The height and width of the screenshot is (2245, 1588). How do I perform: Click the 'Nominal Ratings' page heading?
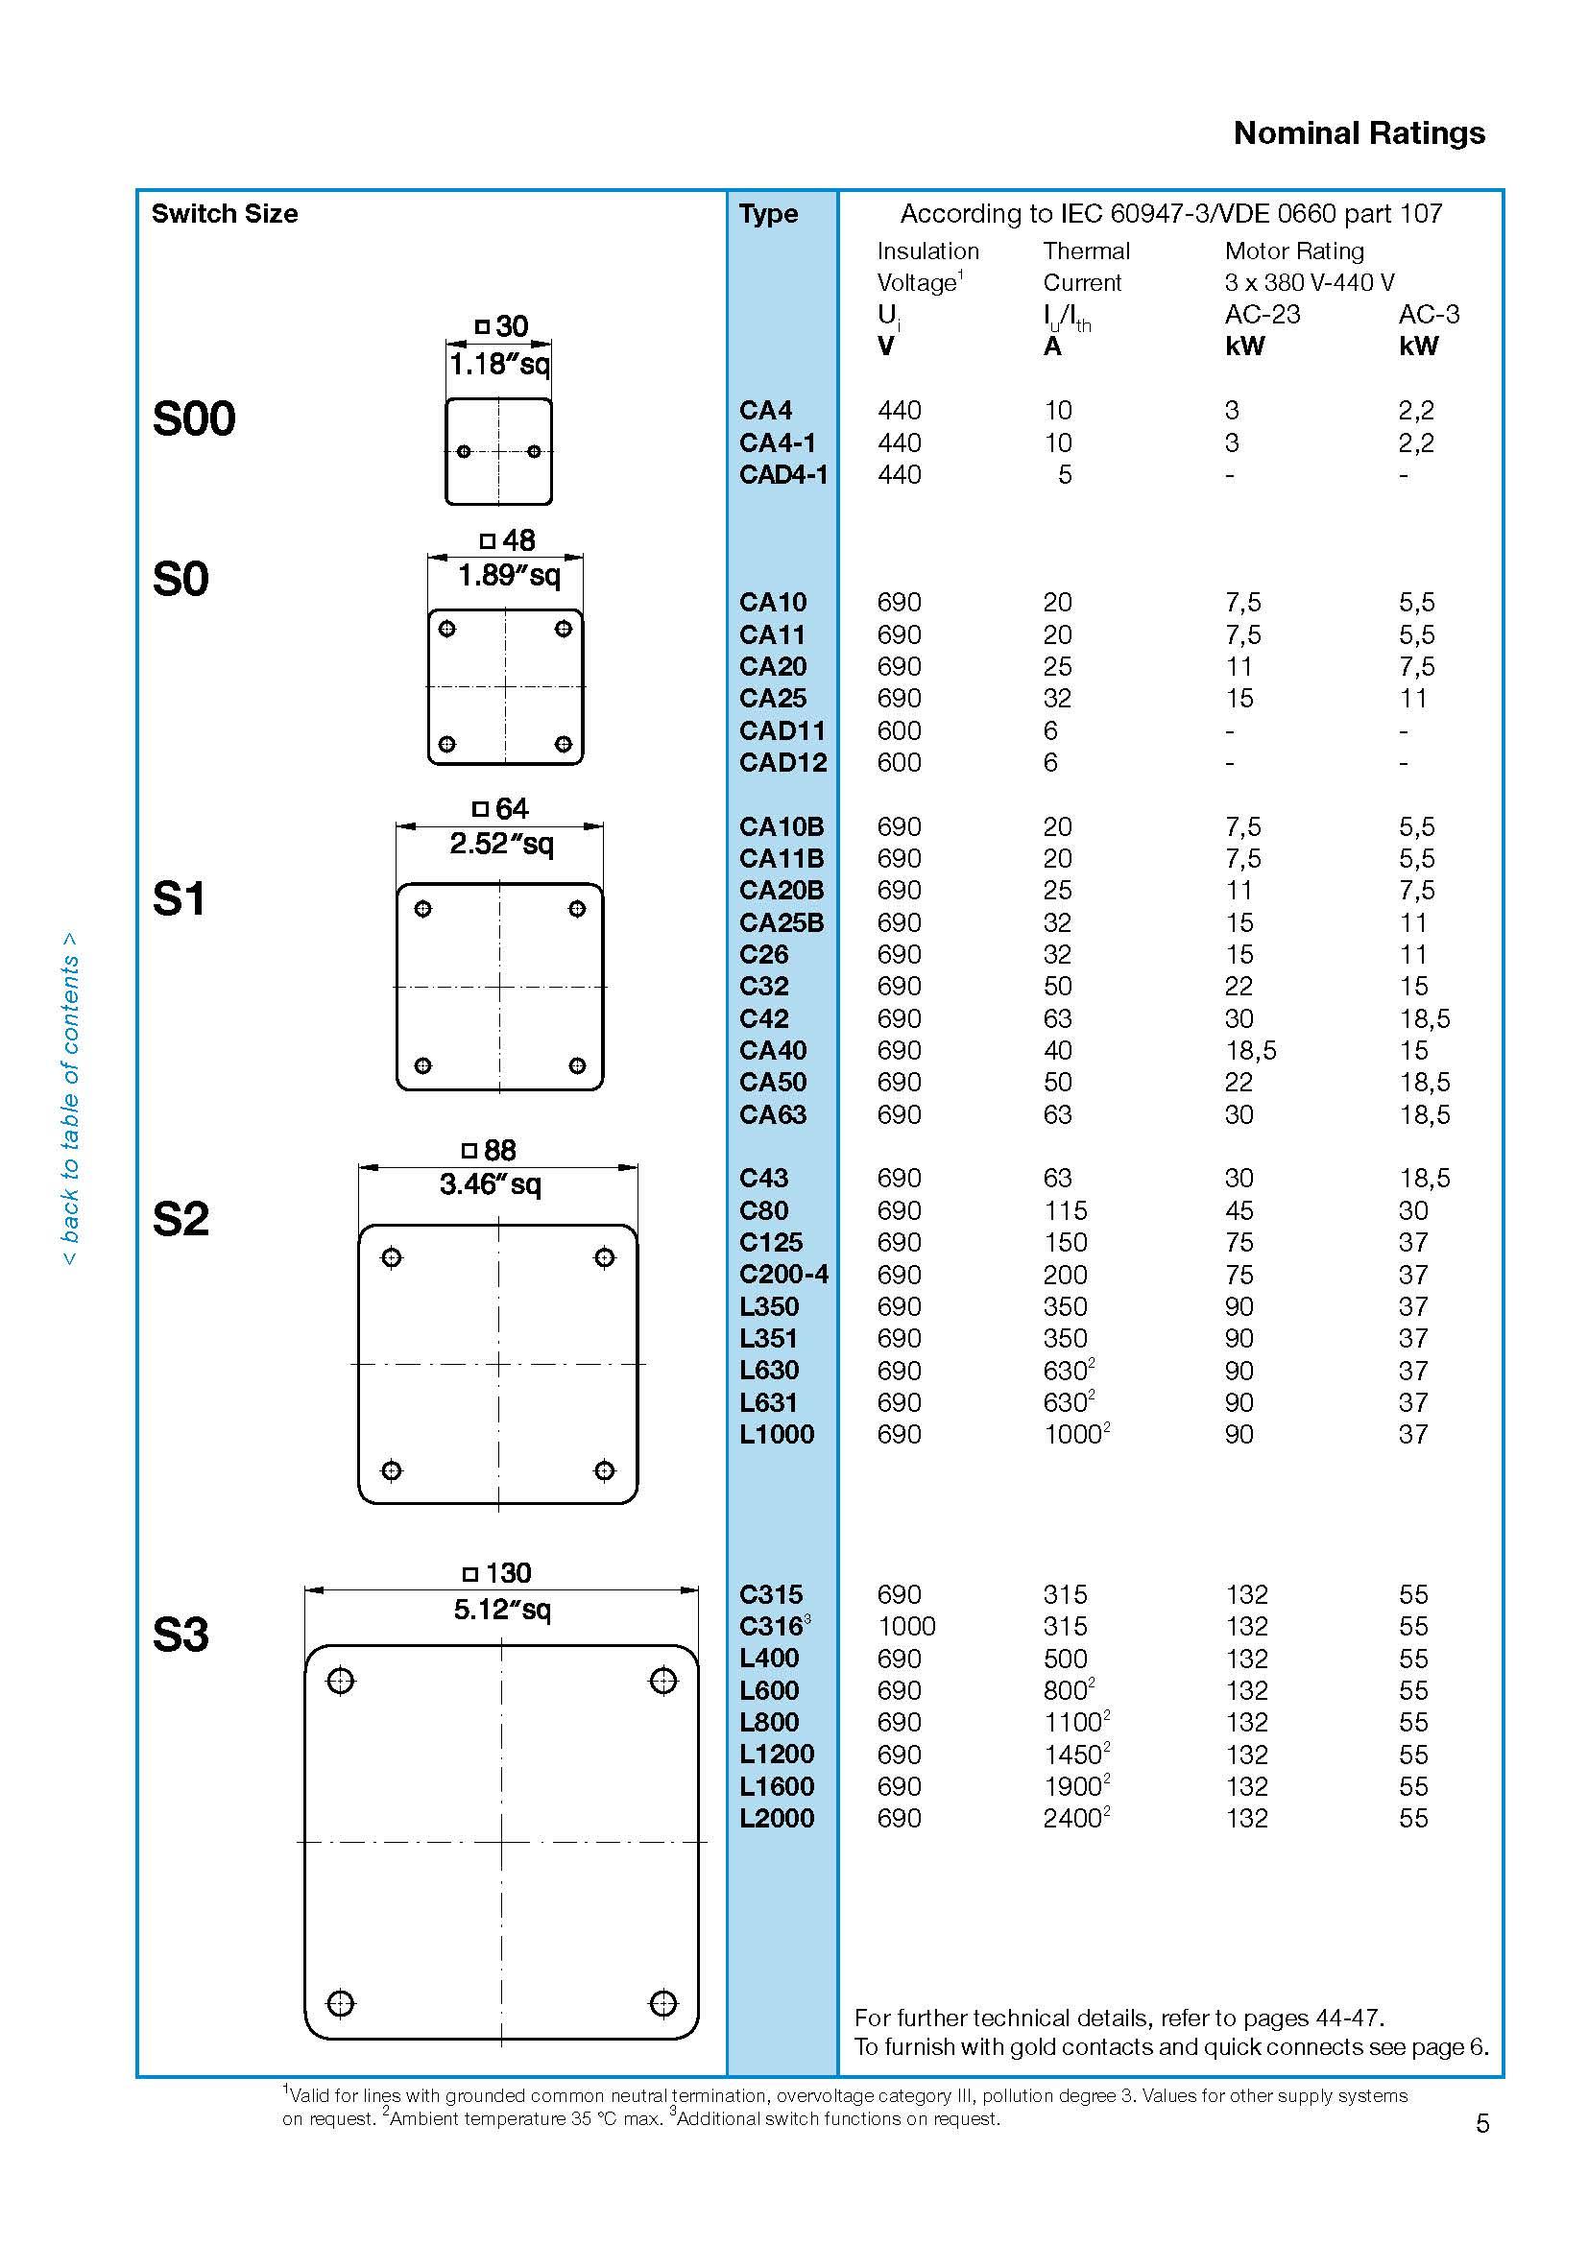click(1359, 133)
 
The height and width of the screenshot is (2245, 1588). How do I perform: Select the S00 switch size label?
click(194, 418)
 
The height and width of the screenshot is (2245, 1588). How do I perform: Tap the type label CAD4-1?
click(783, 474)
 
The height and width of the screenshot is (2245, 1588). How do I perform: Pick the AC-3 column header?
click(1429, 314)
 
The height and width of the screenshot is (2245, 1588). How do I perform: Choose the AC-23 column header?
click(1263, 314)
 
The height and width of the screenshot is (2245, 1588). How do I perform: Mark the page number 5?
click(1482, 2123)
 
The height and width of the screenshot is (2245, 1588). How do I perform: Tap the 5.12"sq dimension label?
click(501, 1609)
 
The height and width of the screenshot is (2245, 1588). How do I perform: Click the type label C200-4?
click(783, 1274)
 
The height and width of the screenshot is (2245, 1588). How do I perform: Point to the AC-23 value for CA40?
click(1251, 1050)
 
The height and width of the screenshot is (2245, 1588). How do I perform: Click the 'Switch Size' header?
click(224, 214)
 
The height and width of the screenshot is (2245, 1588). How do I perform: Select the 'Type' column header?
click(768, 214)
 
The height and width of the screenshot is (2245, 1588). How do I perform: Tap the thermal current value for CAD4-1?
click(1065, 474)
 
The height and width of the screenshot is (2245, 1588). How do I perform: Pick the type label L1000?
click(777, 1434)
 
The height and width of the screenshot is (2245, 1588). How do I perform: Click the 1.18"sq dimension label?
click(498, 364)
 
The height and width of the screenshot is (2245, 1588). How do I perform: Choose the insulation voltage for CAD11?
click(899, 730)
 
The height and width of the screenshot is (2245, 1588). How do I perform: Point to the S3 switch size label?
click(180, 1634)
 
